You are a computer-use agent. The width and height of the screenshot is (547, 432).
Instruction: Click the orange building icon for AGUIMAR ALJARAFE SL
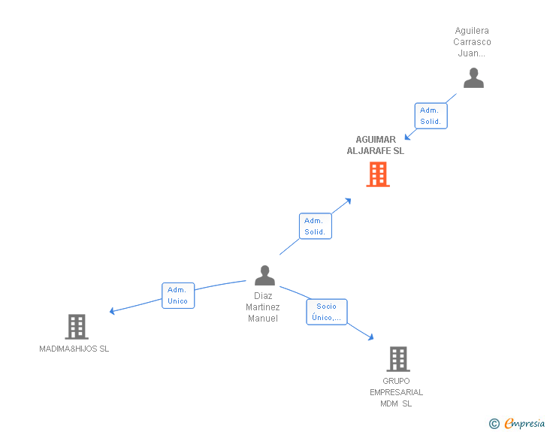coord(377,174)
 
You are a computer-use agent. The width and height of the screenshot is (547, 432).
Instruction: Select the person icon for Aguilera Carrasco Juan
coord(473,78)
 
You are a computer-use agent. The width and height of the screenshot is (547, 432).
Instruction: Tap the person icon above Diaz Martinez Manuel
coord(264,276)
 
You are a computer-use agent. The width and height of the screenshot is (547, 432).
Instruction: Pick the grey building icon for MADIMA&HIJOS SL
coord(77,327)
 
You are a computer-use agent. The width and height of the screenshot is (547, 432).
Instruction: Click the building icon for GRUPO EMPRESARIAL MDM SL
coord(398,359)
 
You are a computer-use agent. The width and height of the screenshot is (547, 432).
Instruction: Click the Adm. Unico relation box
coord(178,295)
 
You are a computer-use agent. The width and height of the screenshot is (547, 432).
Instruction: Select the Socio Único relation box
coord(327,312)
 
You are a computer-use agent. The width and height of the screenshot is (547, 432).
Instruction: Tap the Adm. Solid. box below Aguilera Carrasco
coord(431,116)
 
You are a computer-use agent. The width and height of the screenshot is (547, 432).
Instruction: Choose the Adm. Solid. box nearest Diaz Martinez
coord(315,226)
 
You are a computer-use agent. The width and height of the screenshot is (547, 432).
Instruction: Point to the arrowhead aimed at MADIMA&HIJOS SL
coord(113,310)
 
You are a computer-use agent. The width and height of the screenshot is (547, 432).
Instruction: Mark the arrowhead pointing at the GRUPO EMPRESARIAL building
coord(370,337)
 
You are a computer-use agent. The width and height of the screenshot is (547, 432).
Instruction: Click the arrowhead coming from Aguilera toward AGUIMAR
coord(407,137)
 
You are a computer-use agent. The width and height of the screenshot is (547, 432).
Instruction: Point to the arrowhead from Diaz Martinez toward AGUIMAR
coord(347,201)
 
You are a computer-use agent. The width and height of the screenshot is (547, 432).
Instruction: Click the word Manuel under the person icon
coord(263,319)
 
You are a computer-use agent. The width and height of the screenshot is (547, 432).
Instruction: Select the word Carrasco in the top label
coord(472,42)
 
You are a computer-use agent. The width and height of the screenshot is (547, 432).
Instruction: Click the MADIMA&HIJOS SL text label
coord(74,349)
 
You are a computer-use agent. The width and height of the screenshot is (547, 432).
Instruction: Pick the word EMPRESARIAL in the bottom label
coord(396,392)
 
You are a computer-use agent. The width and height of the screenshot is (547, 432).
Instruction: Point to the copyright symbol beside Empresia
coord(494,424)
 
